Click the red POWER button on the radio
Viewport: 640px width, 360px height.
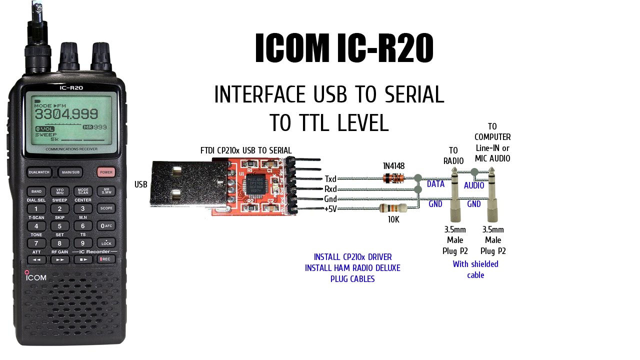105,172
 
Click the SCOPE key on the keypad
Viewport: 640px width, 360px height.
106,208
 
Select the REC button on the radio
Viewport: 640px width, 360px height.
105,259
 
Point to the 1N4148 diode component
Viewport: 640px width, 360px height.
393,177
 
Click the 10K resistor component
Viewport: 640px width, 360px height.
390,208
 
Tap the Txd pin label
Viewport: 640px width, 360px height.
330,179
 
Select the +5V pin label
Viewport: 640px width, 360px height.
330,209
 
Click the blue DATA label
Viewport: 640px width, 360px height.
435,184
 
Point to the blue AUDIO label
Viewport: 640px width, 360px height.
474,185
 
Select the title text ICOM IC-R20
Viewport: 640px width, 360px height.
344,49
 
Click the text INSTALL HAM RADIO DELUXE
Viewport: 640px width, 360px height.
352,268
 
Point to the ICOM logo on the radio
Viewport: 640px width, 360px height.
36,277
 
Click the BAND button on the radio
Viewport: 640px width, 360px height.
36,191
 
